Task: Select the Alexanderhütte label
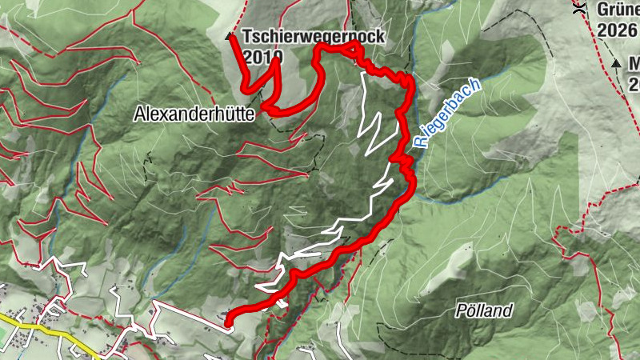194,115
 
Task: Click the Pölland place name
483,310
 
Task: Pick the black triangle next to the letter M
616,62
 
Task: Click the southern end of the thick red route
228,323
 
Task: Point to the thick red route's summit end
233,38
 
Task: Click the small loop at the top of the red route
353,52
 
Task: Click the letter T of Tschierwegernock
247,37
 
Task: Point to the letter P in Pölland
460,310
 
